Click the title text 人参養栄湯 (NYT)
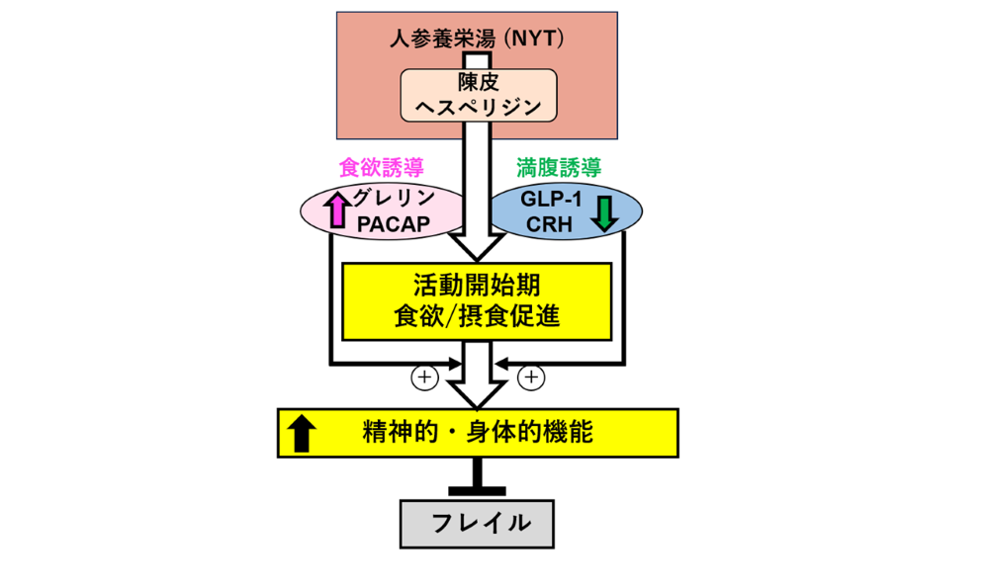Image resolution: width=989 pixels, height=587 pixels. (x=477, y=40)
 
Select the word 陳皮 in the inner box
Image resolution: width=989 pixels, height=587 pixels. (x=477, y=83)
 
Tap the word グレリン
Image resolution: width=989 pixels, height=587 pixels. (x=397, y=198)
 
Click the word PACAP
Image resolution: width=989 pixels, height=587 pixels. (x=393, y=224)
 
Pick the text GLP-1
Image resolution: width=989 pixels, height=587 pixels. (x=550, y=198)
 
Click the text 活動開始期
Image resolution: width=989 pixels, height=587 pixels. (x=477, y=286)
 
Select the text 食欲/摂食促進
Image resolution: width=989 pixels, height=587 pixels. (x=477, y=316)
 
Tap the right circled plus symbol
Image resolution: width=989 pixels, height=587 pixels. (x=531, y=377)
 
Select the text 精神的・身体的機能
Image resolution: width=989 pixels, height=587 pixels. (x=479, y=432)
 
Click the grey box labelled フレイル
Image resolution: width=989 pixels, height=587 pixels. (x=477, y=522)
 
